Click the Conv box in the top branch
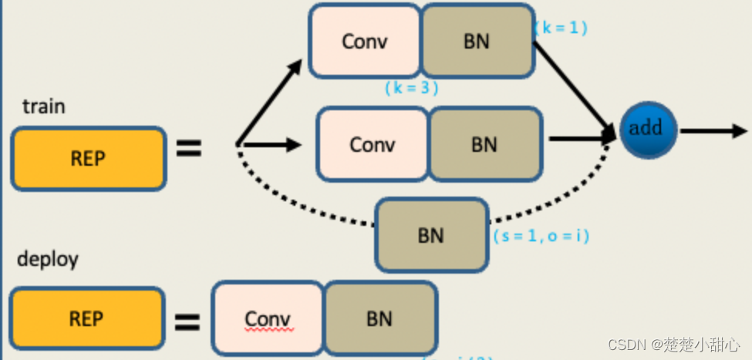pos(365,41)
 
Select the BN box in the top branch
pos(477,41)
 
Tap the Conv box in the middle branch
pos(373,144)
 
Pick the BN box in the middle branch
pos(484,144)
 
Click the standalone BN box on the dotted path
pos(431,234)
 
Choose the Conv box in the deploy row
pos(268,318)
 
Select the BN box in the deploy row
pos(379,318)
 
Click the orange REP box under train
pos(87,158)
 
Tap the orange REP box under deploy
pos(87,318)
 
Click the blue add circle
pos(646,128)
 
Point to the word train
pos(43,106)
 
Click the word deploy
pos(48,259)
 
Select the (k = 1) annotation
pos(561,28)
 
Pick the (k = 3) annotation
pos(411,88)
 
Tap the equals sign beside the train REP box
pos(188,148)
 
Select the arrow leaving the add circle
pos(713,130)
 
